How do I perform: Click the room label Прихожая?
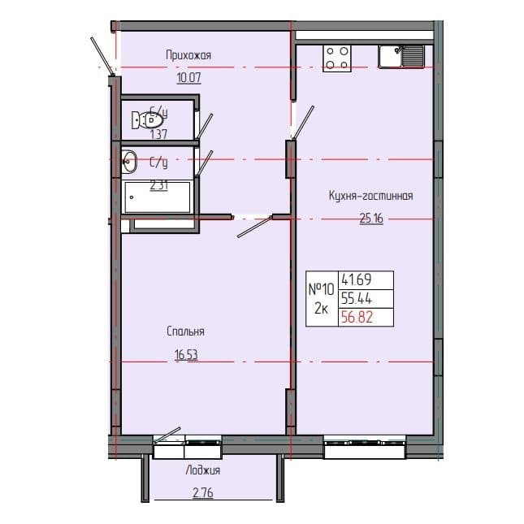pyautogui.click(x=188, y=55)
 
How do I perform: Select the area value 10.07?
pyautogui.click(x=188, y=79)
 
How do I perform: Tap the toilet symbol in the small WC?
pyautogui.click(x=144, y=120)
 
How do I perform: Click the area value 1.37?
pyautogui.click(x=158, y=134)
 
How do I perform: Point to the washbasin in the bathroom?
pyautogui.click(x=129, y=162)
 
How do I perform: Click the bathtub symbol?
pyautogui.click(x=158, y=197)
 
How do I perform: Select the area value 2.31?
pyautogui.click(x=159, y=184)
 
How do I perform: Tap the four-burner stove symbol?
pyautogui.click(x=338, y=57)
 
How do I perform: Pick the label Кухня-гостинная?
pyautogui.click(x=371, y=195)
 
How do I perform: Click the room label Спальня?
pyautogui.click(x=184, y=331)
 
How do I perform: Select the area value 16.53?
pyautogui.click(x=185, y=353)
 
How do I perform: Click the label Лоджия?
pyautogui.click(x=202, y=470)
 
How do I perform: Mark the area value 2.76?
pyautogui.click(x=202, y=492)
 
